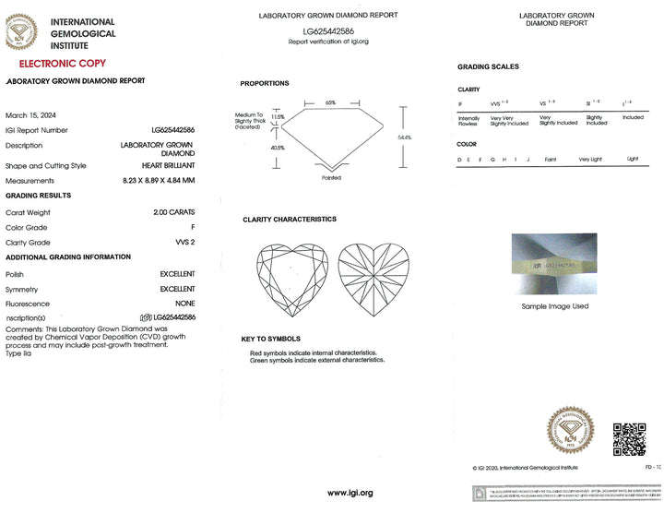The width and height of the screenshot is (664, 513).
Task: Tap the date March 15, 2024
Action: click(x=31, y=115)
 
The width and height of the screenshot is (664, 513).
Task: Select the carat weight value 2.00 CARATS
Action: click(x=174, y=212)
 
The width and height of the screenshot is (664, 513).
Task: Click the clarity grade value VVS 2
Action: click(x=185, y=242)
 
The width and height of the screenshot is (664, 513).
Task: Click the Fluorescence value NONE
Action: click(x=184, y=304)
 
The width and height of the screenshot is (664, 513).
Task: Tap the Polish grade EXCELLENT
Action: click(x=177, y=274)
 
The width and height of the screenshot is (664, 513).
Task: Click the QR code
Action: click(x=629, y=438)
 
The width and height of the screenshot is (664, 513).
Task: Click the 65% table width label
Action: click(x=330, y=101)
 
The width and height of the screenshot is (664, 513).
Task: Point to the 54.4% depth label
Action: click(x=404, y=137)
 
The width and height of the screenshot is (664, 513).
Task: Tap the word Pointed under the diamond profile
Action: click(x=331, y=177)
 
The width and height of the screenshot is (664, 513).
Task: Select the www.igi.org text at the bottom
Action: click(x=350, y=493)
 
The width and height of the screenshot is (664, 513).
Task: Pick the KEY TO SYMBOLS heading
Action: click(x=271, y=339)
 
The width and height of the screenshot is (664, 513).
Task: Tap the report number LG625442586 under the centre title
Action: click(x=329, y=30)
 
